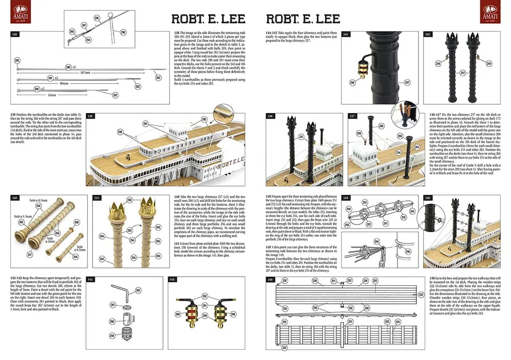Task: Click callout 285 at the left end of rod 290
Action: (x=16, y=60)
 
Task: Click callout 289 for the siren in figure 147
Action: (x=359, y=134)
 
